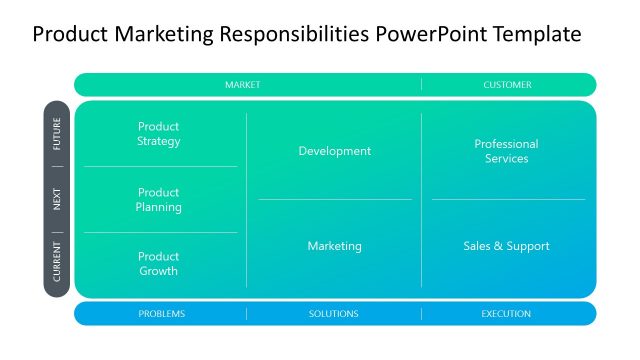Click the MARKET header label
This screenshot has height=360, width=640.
click(242, 85)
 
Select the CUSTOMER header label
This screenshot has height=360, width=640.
click(507, 85)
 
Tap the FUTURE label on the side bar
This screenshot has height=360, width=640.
click(57, 134)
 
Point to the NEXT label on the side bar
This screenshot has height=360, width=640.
click(57, 199)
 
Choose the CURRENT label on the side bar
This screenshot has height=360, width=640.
click(57, 261)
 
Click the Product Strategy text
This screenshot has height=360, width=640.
click(159, 134)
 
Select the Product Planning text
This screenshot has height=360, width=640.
click(159, 200)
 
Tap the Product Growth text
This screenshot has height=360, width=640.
click(159, 264)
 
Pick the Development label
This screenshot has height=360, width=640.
click(334, 151)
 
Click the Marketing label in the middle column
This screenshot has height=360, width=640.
click(334, 246)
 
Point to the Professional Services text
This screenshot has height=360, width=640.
click(506, 151)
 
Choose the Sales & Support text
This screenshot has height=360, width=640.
click(506, 246)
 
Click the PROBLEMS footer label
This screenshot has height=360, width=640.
click(161, 314)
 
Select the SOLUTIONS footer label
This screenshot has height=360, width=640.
click(334, 314)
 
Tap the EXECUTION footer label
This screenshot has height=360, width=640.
click(506, 314)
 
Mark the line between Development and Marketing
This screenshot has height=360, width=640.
click(334, 199)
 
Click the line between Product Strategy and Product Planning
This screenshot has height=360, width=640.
click(160, 166)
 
